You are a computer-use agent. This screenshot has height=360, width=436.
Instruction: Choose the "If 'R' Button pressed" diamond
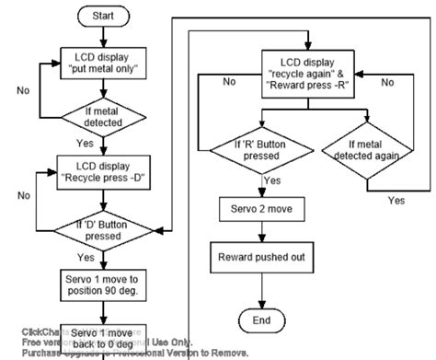[x=243, y=148]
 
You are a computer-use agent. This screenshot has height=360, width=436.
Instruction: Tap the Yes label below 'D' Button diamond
[x=86, y=258]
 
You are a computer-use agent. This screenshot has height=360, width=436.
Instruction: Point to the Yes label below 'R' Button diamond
[x=274, y=181]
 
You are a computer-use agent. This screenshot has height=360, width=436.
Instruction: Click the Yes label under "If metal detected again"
[x=396, y=200]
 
